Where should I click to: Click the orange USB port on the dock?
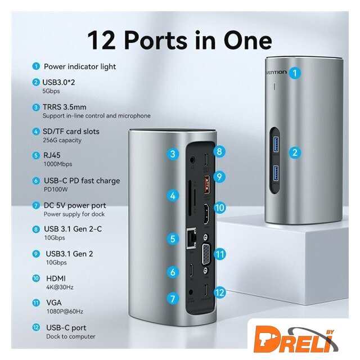[207, 184]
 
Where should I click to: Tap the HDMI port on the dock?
[206, 214]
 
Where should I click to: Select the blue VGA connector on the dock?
[206, 254]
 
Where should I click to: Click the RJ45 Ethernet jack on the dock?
[192, 238]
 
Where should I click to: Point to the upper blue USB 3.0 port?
[276, 144]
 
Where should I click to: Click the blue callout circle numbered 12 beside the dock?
[219, 292]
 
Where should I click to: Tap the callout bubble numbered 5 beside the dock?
[173, 238]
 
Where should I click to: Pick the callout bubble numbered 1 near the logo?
[295, 73]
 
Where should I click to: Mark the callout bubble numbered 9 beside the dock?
[219, 177]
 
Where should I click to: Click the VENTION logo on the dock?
[276, 73]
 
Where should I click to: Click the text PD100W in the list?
[56, 190]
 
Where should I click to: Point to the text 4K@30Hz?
[60, 287]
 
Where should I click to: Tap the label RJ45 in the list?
[52, 155]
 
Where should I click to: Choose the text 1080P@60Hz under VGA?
[65, 311]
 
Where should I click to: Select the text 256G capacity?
[62, 140]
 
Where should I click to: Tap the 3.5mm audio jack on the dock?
[192, 159]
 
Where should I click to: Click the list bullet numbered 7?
[36, 205]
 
